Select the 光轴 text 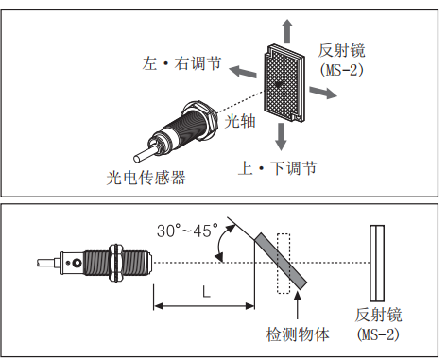click(238, 120)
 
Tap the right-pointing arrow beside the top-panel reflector click(324, 93)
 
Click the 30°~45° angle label click(187, 230)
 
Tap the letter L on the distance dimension click(205, 292)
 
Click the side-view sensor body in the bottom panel click(110, 262)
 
